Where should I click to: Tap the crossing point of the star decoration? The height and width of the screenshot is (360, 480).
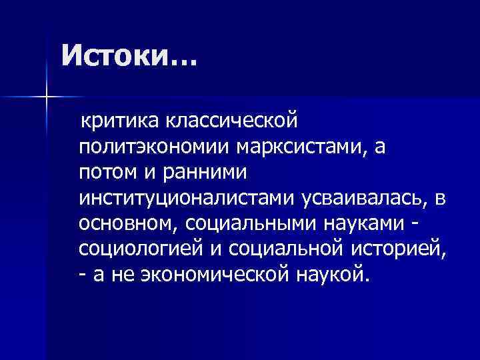[x=47, y=98]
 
